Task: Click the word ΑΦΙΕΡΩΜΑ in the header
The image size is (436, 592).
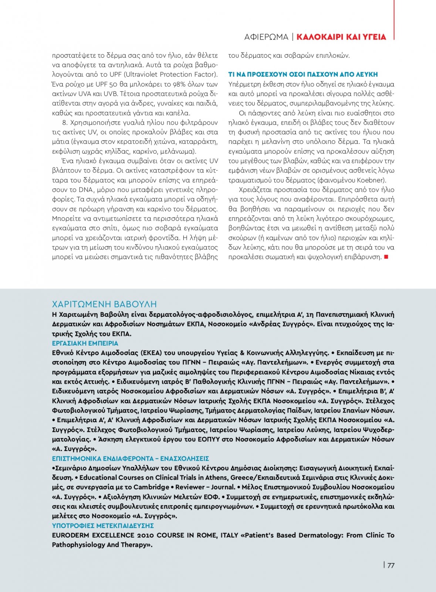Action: click(266, 37)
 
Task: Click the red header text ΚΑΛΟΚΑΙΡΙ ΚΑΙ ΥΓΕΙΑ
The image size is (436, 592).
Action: click(341, 37)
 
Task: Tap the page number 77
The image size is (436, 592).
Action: click(391, 565)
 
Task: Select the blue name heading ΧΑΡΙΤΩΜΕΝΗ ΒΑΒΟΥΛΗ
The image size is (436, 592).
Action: click(104, 304)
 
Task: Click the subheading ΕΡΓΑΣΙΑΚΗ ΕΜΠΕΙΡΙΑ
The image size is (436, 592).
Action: click(85, 343)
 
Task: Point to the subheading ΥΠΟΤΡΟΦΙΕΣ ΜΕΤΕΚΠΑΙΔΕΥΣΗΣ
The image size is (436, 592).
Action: click(103, 526)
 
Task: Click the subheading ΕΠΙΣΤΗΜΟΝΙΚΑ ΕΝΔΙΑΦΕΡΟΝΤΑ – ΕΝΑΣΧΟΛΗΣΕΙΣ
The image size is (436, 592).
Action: click(130, 458)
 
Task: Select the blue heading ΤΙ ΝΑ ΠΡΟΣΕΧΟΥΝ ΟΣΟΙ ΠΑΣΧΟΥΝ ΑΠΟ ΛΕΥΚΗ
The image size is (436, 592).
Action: click(303, 74)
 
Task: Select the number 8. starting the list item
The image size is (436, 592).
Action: click(65, 122)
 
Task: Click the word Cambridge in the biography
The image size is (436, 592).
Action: click(151, 487)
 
